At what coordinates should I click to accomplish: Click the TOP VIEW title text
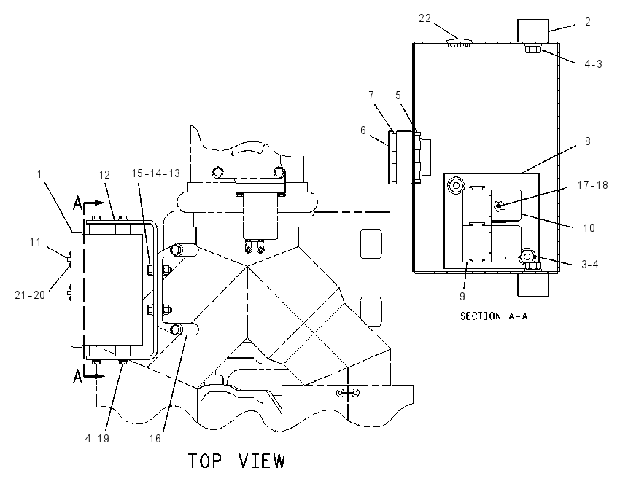tap(236, 461)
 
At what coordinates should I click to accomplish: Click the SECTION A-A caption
tap(494, 316)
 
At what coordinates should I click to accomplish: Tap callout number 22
tap(425, 18)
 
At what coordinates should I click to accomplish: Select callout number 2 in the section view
tap(588, 22)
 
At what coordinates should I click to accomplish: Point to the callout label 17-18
tap(592, 184)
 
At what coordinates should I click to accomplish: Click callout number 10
tap(589, 228)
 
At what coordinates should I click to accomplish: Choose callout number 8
tap(588, 141)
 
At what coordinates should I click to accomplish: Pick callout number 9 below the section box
tap(462, 296)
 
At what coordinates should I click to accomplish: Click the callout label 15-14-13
tap(156, 173)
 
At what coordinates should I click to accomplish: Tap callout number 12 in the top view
tap(104, 175)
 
